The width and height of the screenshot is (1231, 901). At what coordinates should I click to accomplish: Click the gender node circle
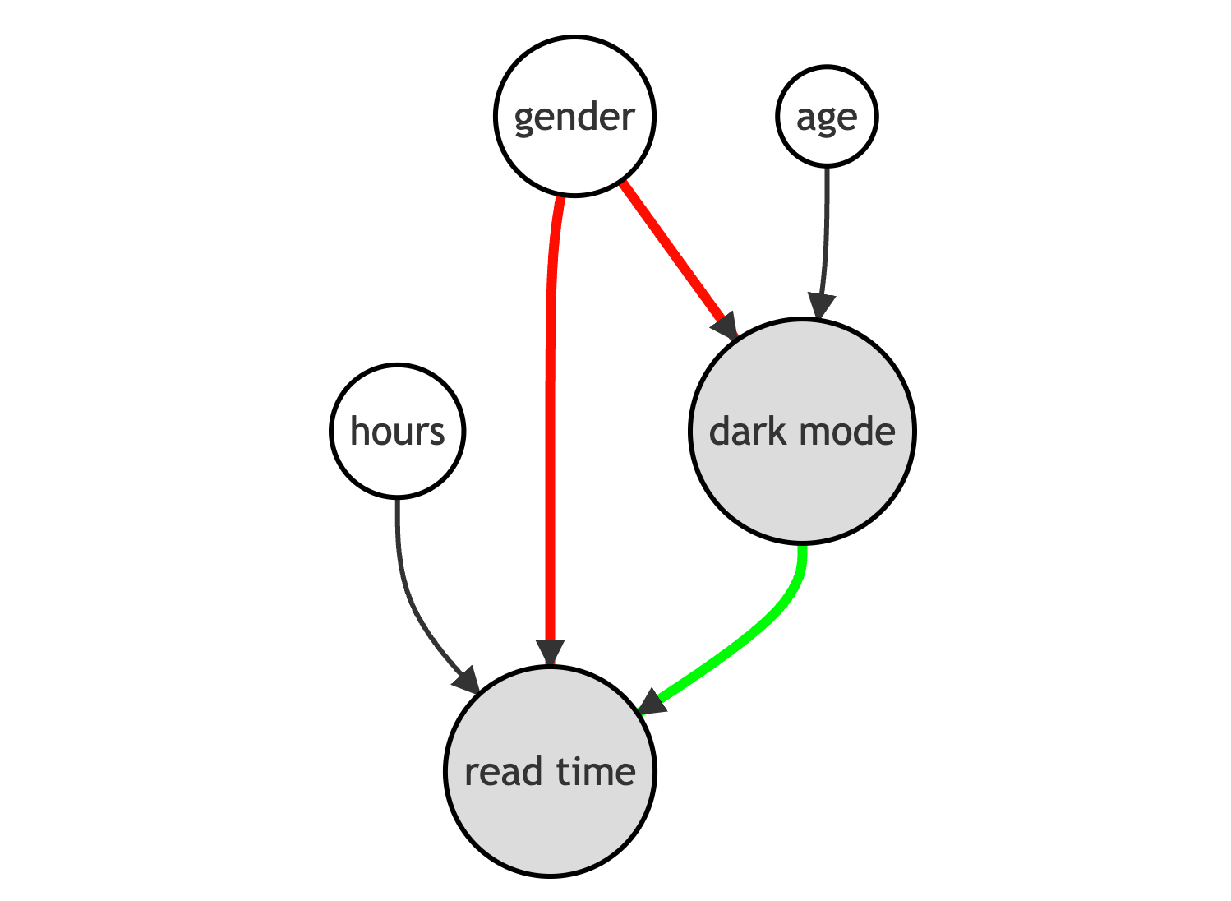tap(575, 116)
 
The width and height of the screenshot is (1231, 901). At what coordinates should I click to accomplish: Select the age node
tap(827, 116)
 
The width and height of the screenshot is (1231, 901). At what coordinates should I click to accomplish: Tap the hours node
tap(398, 431)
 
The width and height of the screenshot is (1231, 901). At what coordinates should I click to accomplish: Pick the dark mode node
tap(802, 431)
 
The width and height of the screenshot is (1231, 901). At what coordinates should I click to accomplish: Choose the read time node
tap(550, 771)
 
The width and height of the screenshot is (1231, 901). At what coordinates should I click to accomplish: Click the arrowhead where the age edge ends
tap(821, 307)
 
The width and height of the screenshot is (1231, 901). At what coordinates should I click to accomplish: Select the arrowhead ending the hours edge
tap(467, 680)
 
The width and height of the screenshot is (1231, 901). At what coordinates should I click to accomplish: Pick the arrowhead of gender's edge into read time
tap(550, 653)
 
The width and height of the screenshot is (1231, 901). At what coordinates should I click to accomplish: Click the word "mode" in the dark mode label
tap(847, 432)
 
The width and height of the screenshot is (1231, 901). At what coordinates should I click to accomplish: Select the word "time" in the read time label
tap(597, 772)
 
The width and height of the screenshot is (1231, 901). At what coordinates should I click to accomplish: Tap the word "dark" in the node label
tap(748, 432)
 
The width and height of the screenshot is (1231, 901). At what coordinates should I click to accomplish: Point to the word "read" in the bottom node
tap(504, 772)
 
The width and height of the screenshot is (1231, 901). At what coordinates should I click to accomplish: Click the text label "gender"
tap(575, 118)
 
